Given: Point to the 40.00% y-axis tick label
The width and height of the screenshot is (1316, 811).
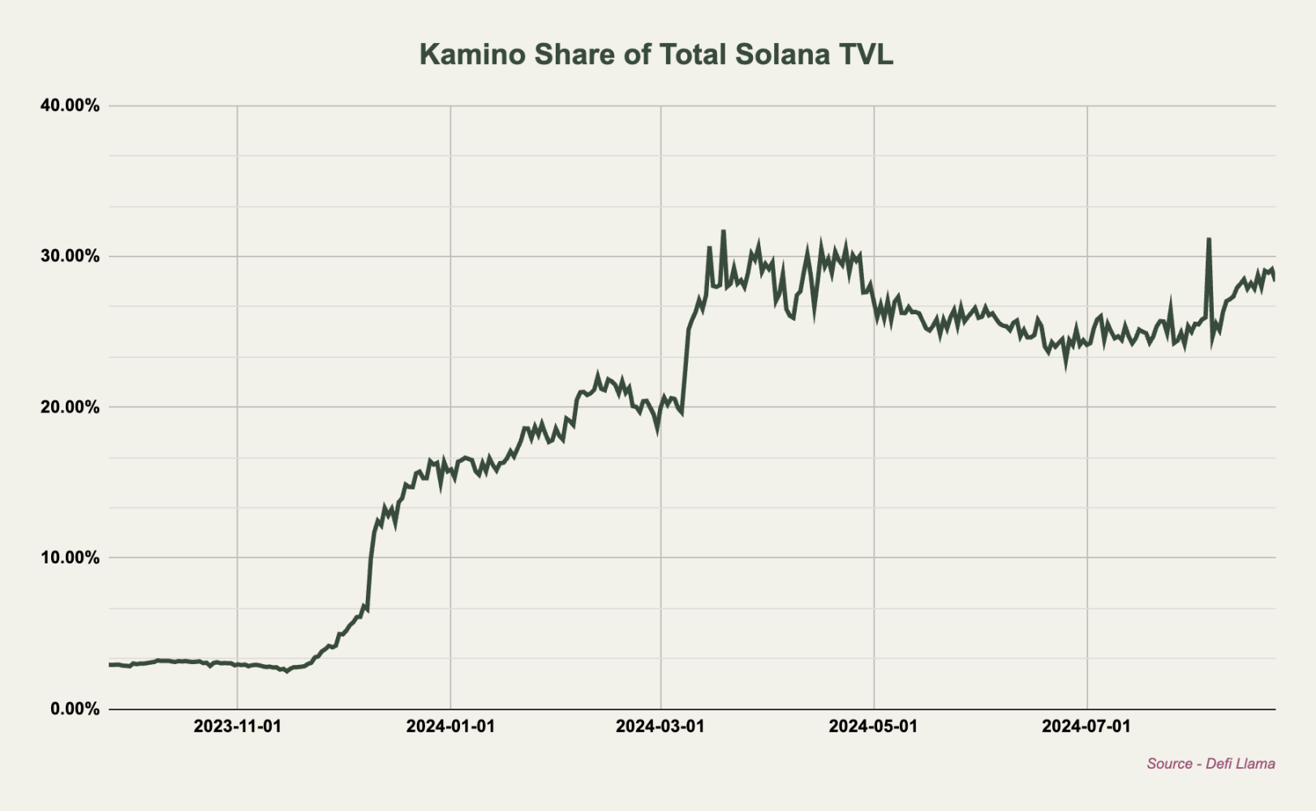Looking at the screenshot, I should click(x=70, y=106).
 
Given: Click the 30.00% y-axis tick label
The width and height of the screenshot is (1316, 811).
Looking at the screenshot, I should click(x=70, y=257).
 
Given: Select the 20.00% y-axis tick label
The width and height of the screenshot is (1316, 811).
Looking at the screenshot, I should click(x=70, y=407).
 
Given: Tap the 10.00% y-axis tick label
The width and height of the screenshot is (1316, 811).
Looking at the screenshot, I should click(x=70, y=558).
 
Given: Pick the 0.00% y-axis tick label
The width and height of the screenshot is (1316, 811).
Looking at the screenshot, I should click(x=75, y=709).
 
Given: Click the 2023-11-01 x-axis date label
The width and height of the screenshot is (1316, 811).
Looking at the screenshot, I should click(x=237, y=726).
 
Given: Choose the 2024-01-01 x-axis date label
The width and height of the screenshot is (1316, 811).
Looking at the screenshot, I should click(x=450, y=726).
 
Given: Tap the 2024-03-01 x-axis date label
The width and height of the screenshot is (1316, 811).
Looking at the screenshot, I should click(x=660, y=726).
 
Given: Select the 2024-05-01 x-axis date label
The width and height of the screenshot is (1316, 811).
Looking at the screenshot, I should click(x=873, y=726).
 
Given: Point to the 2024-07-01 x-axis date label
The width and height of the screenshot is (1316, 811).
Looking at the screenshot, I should click(x=1086, y=726).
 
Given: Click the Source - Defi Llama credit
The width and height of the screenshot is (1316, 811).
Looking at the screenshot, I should click(x=1211, y=764).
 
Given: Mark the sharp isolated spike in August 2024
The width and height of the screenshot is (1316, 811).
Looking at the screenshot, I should click(x=1209, y=239).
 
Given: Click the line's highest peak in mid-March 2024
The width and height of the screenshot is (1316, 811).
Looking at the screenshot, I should click(x=723, y=231).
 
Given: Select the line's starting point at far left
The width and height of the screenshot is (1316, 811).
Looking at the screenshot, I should click(x=110, y=664).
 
